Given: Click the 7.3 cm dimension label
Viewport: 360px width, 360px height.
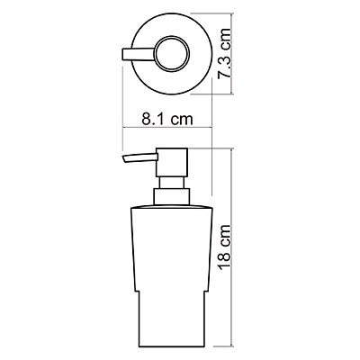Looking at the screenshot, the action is click(x=225, y=54).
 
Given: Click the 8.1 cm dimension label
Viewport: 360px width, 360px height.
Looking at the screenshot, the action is click(x=167, y=119).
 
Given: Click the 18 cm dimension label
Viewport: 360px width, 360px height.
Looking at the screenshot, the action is click(x=225, y=247).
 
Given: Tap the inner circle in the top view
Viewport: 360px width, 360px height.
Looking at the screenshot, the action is click(x=172, y=54).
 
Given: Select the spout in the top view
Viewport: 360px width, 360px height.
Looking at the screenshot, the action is click(x=138, y=54).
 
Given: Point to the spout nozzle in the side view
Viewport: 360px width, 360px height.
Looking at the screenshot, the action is click(x=139, y=158).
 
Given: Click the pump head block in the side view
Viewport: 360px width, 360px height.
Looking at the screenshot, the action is click(x=172, y=162).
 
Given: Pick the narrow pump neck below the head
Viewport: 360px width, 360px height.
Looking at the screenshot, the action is click(x=172, y=183).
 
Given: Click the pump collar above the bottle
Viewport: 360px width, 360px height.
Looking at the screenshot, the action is click(x=172, y=197).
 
